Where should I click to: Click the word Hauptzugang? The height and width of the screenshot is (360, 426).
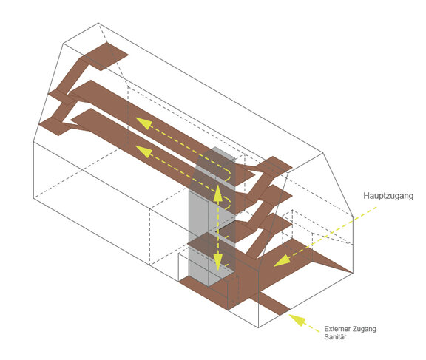(388, 196)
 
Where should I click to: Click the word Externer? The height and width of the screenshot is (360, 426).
(337, 329)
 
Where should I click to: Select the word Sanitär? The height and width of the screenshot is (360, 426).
(335, 337)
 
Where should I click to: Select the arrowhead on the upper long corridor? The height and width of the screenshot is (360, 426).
(143, 123)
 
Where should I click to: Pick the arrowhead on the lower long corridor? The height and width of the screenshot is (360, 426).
(143, 152)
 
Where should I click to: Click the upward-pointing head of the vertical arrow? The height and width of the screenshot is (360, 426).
(218, 192)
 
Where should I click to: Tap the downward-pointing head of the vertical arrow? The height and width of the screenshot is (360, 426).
(218, 262)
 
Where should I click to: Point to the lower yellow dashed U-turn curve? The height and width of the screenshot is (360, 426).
(229, 203)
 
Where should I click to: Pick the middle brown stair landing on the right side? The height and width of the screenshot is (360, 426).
(274, 195)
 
